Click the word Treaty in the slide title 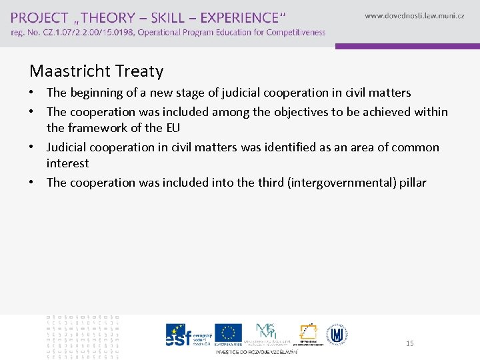coord(140,71)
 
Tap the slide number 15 coord(409,343)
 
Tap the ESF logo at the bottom coord(179,335)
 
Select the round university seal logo coord(338,334)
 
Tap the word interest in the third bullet coord(67,163)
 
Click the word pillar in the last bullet coord(412,182)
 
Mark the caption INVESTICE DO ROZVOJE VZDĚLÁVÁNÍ coord(256,351)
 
